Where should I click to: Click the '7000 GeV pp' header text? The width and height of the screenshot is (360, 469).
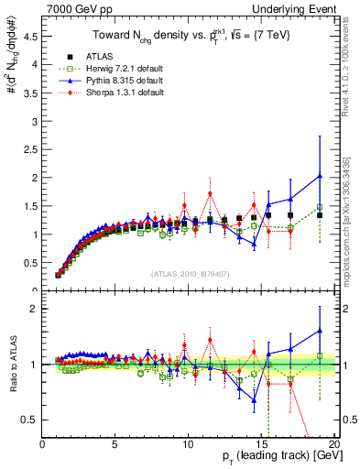[74, 8]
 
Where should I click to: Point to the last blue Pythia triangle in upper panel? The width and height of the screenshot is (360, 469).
[319, 176]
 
